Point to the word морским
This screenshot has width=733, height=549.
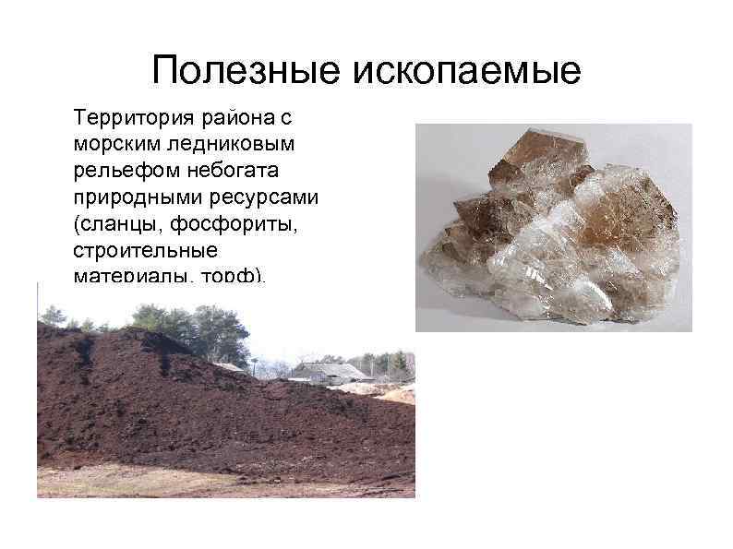point(112,145)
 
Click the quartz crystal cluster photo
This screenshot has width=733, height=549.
point(552,227)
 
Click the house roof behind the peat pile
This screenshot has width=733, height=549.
point(329,369)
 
